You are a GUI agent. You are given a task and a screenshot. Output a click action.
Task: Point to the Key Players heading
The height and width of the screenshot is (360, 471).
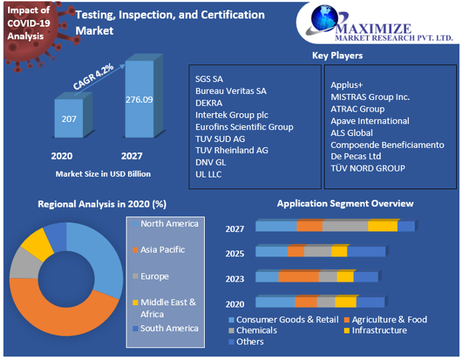coord(338,55)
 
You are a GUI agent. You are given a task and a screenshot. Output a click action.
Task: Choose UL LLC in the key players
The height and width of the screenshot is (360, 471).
coord(209,174)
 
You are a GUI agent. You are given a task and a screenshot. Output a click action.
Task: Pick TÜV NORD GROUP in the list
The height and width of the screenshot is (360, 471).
coord(367,168)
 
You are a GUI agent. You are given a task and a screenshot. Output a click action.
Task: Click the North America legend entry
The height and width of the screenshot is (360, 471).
coord(169,223)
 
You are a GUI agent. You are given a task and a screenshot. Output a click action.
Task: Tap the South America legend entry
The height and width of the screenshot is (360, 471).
coord(169,328)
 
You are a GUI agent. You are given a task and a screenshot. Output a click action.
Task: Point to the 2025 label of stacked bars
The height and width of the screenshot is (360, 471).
coord(235,253)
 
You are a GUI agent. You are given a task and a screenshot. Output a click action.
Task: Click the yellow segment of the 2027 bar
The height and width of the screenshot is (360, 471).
coord(382,226)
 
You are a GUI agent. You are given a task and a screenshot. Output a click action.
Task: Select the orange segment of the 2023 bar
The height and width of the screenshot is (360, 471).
coord(298,276)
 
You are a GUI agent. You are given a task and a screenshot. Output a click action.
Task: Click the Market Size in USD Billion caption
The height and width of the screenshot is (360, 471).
coord(104,174)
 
